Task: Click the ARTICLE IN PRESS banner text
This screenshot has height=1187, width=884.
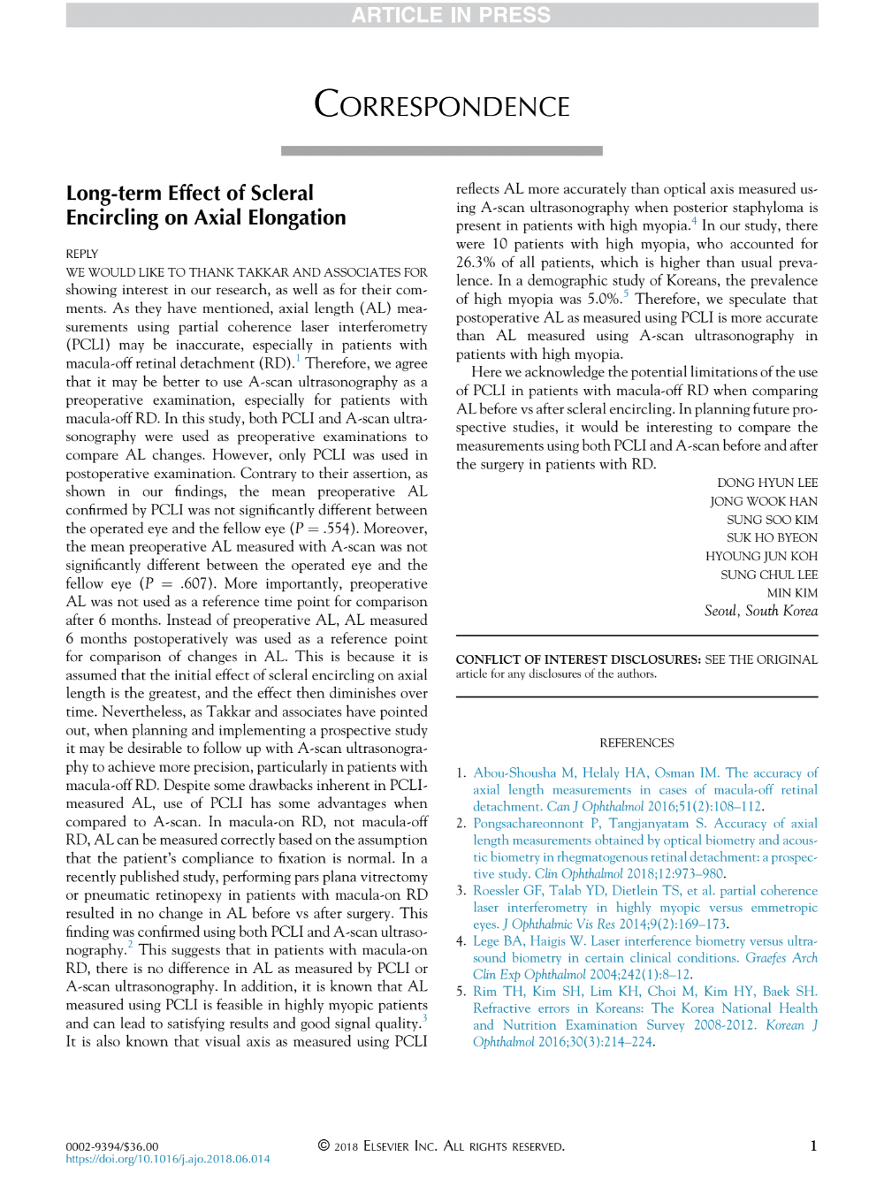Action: [451, 15]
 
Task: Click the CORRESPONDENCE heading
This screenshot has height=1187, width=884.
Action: [442, 105]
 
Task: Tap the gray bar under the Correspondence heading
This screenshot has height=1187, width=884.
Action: [442, 151]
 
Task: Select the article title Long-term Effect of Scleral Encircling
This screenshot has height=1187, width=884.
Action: [206, 205]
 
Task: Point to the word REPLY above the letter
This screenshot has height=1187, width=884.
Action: [82, 254]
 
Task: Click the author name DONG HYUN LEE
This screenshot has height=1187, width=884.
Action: [767, 483]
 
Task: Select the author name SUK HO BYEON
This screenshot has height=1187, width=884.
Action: [772, 537]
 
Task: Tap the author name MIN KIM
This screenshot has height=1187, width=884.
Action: [792, 592]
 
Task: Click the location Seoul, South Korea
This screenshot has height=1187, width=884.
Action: [760, 611]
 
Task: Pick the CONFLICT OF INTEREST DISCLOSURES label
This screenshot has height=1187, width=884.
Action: [578, 659]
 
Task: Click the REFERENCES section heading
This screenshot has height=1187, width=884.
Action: [636, 742]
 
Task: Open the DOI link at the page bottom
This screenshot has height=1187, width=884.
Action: [168, 1159]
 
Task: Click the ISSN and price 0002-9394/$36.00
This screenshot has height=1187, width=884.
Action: [112, 1146]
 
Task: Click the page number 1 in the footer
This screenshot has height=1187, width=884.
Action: [813, 1146]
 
